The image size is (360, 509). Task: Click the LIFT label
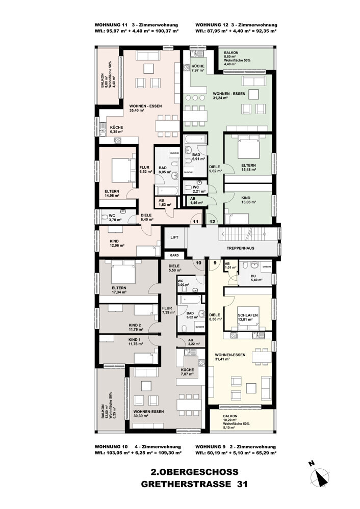pos(173,236)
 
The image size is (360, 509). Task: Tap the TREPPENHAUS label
pos(241,248)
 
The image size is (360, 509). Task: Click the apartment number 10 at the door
pos(198,263)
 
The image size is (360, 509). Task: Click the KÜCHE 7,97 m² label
pos(198,68)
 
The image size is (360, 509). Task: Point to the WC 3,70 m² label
pos(112,218)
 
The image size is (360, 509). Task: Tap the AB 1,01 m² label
pos(231,265)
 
